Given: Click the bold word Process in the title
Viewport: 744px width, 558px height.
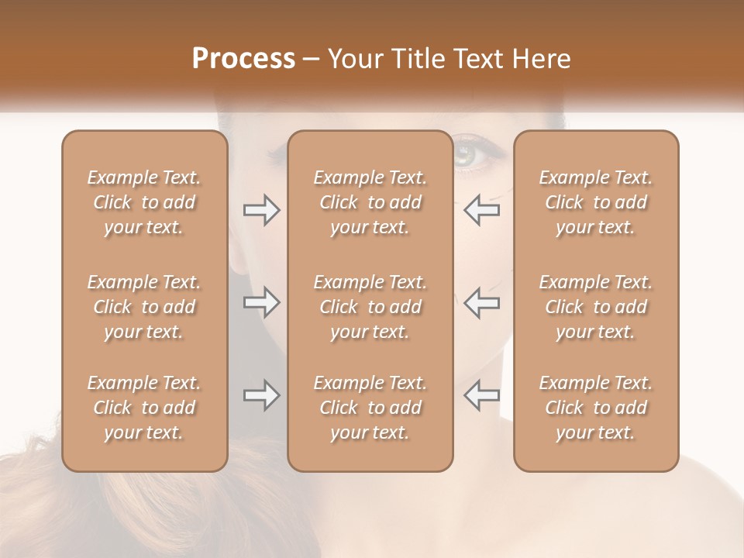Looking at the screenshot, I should (243, 58).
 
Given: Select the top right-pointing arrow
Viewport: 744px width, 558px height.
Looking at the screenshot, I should (261, 210).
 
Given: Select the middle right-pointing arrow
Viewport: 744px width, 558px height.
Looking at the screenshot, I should (261, 302).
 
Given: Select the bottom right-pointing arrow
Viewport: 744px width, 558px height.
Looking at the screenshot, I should (261, 395).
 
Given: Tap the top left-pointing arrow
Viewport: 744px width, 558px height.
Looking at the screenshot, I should (481, 210).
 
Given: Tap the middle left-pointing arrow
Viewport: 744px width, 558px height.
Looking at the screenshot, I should (481, 302).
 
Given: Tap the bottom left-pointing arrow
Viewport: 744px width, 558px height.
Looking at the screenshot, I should (481, 395).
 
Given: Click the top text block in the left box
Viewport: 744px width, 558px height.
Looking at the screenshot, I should (144, 202).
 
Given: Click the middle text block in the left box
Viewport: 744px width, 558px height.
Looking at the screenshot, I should (144, 307).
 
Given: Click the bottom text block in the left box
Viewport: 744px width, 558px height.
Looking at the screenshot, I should (144, 408).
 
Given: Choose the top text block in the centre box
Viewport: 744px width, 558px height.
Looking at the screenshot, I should (370, 202).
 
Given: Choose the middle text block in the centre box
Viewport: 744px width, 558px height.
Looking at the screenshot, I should (370, 307).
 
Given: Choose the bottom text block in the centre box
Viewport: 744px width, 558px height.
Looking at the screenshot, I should (370, 408).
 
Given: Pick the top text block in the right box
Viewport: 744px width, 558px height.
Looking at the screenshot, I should (596, 202).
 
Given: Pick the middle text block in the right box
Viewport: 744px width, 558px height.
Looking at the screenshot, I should (596, 307).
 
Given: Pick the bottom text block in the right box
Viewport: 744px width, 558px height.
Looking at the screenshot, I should (596, 408).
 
